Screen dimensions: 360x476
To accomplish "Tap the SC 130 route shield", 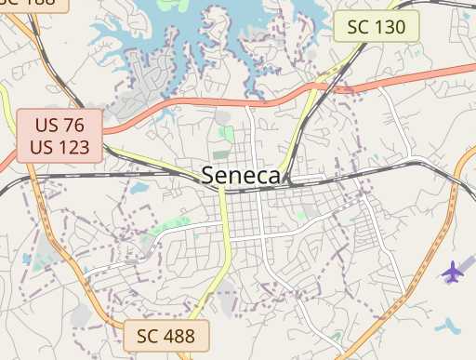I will click(377, 27).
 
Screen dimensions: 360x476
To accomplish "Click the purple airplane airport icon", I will click(453, 273).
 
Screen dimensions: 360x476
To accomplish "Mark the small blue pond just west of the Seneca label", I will click(139, 189).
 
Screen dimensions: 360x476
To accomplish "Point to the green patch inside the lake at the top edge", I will click(172, 4).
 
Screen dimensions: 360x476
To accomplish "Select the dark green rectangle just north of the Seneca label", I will click(221, 153).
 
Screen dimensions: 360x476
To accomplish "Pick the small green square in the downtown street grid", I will click(300, 216).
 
